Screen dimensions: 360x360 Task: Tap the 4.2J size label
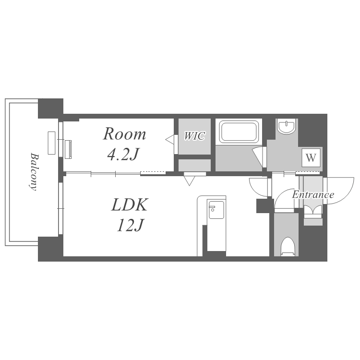point(123,154)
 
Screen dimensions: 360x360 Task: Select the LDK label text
point(129,204)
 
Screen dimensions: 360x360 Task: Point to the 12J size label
point(130,225)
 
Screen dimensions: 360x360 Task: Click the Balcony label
point(34,171)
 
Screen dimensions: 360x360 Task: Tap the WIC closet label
point(194,136)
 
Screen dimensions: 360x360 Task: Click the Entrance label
point(313,195)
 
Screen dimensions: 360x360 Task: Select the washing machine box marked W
point(311,157)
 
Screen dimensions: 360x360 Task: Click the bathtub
point(239,132)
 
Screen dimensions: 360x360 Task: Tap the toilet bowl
point(288,246)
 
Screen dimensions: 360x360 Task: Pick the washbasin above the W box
point(286,126)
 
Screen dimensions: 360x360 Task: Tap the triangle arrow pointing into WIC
point(169,140)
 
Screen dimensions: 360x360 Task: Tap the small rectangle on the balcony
point(51,143)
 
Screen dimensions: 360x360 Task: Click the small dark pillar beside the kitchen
point(263,206)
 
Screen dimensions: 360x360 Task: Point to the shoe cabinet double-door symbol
point(312,210)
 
